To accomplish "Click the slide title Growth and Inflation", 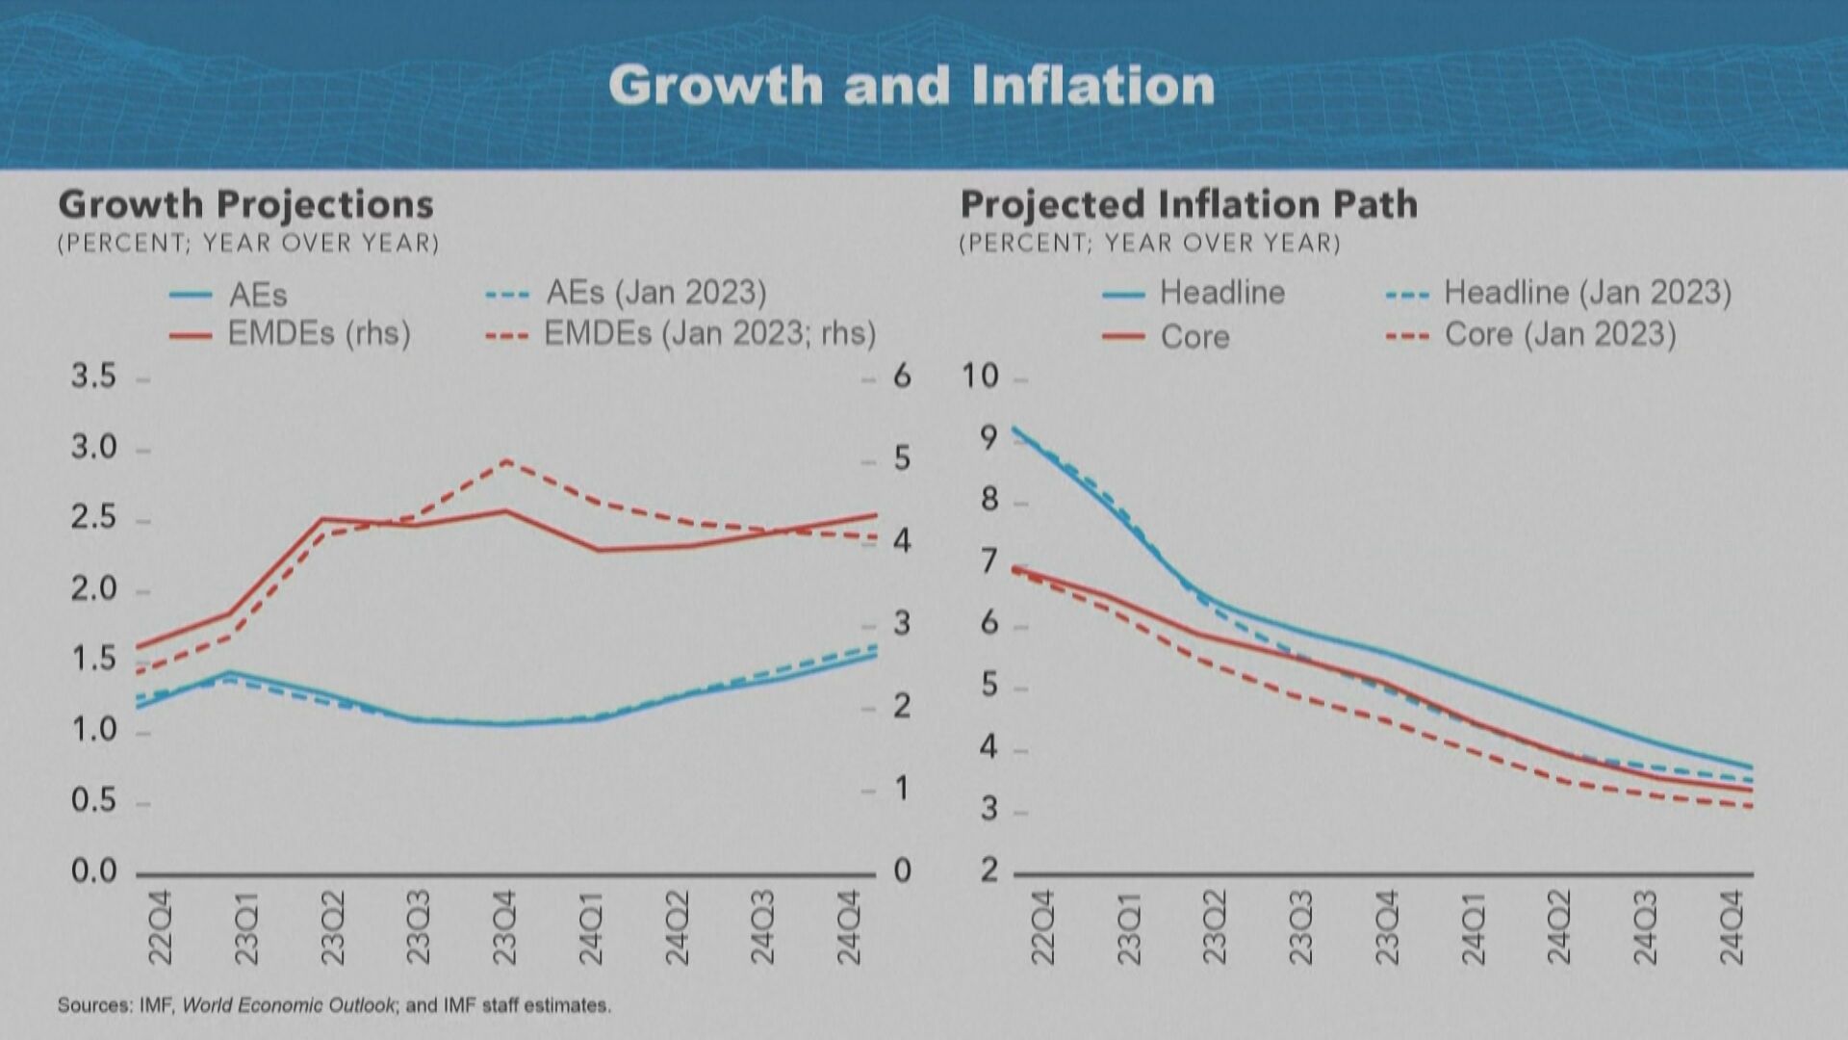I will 911,85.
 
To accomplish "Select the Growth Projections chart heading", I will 245,204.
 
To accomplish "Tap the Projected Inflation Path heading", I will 1189,204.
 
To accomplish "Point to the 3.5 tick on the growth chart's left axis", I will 93,377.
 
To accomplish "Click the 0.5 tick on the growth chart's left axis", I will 93,800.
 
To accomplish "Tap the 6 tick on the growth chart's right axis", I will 902,377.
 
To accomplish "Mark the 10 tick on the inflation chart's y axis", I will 981,377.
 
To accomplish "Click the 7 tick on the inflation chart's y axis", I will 988,560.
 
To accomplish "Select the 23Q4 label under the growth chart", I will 504,927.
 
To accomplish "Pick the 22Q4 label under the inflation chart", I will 1042,927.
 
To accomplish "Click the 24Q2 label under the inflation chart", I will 1558,927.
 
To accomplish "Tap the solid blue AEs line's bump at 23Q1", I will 229,672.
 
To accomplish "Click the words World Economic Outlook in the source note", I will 288,1005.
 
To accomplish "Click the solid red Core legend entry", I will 1193,337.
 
